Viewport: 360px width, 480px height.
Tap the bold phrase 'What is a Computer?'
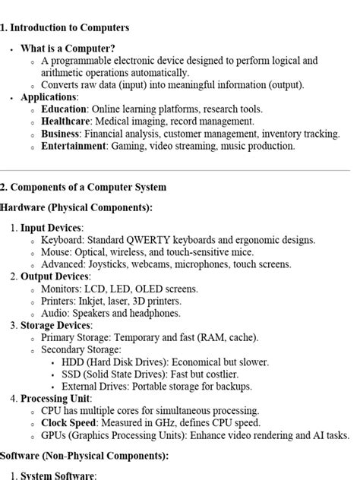coord(68,48)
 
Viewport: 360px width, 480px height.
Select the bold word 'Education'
coord(64,109)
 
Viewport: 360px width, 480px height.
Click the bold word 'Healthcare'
coord(67,122)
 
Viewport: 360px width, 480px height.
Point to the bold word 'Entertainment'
coord(74,146)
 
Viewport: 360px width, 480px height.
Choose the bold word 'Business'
coord(61,134)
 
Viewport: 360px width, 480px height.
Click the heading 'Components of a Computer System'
coord(87,187)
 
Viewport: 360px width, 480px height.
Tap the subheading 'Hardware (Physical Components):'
coord(76,207)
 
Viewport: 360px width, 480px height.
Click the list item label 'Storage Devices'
coord(55,325)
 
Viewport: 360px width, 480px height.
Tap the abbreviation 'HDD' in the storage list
coord(74,362)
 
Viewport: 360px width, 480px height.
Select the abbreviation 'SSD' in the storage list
coord(73,374)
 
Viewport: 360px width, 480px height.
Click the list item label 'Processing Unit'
coord(55,398)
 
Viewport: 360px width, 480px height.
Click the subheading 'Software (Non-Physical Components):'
coord(84,456)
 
